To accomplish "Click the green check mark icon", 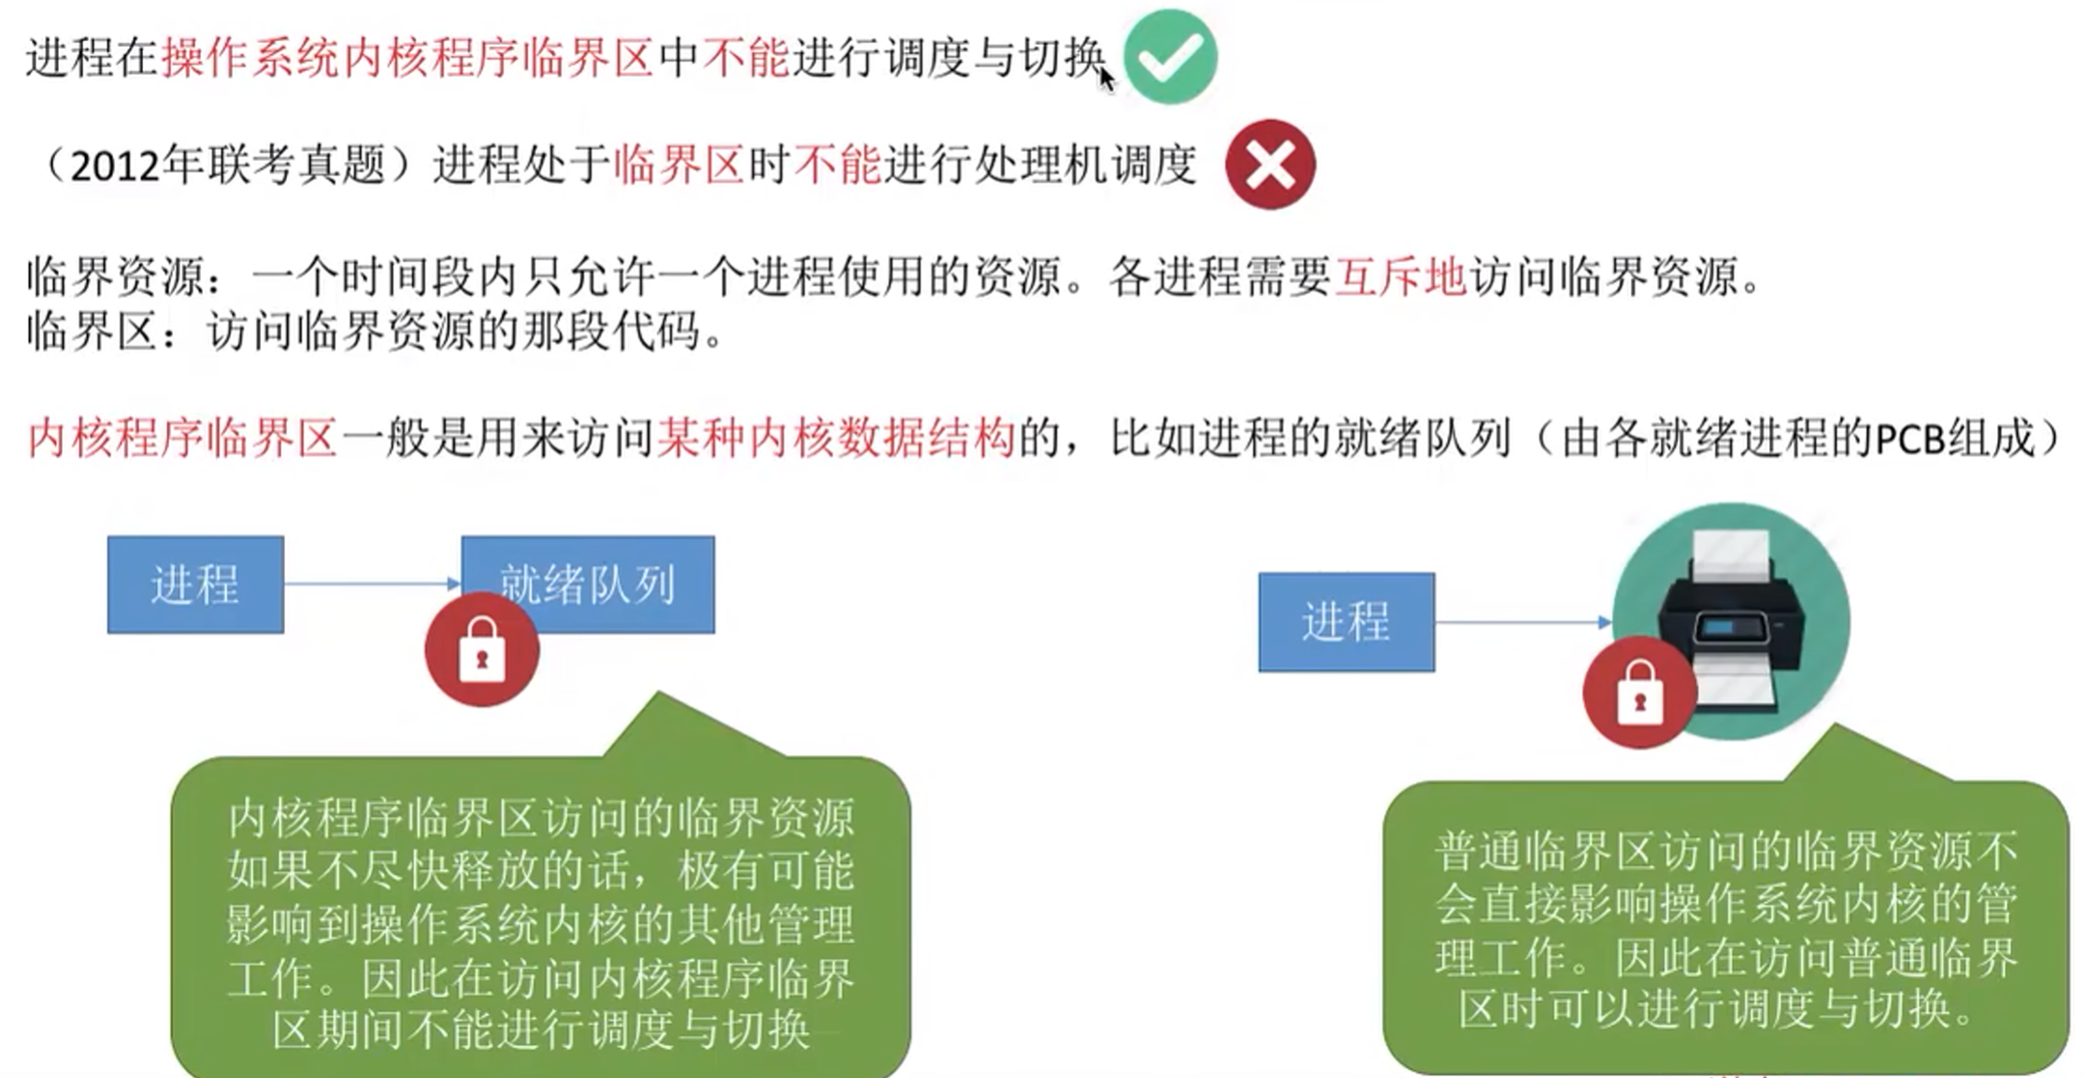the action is pos(1170,56).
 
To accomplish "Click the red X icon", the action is pos(1270,165).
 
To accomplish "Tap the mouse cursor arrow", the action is pos(1107,79).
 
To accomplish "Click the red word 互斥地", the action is pos(1400,277).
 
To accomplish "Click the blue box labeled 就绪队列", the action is pos(588,583).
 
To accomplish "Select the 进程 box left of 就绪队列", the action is pos(195,584).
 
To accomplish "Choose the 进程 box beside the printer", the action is pos(1346,622).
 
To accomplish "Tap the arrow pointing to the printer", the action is pos(1523,622).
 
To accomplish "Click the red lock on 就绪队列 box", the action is pos(481,650).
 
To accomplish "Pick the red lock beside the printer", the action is pos(1639,693).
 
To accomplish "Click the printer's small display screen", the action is pos(1719,627).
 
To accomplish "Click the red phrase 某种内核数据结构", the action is pos(836,438).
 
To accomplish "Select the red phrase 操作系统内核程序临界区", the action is pos(407,58).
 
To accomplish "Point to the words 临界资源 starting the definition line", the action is pos(116,277).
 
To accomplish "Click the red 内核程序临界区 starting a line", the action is pos(182,438).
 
